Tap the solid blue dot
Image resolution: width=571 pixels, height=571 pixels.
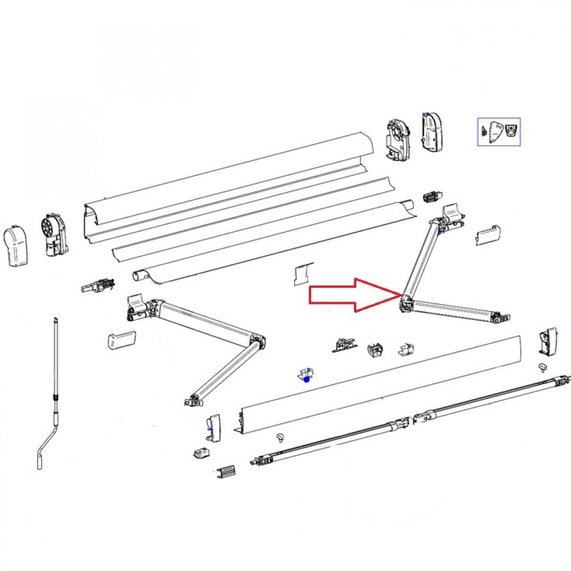coord(307,378)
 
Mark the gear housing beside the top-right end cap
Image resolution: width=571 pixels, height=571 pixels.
coord(399,140)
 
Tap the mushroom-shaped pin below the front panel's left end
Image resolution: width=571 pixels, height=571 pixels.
coord(280,437)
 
